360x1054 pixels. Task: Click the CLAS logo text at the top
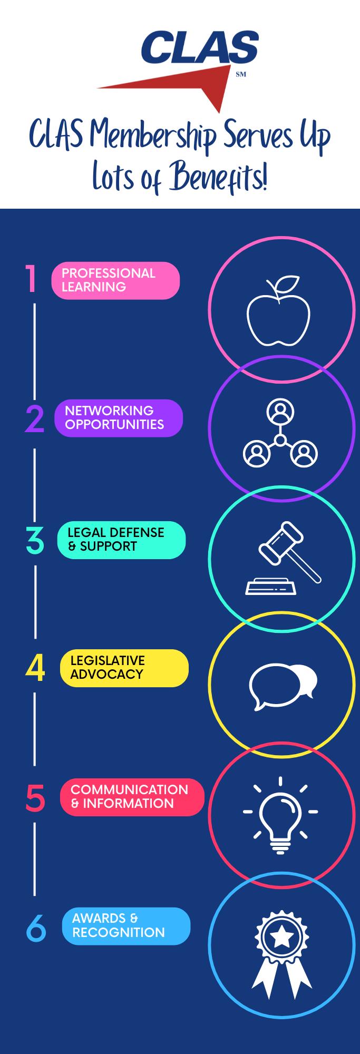pos(200,47)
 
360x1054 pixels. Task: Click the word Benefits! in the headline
pos(218,178)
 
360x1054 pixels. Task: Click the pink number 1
pos(32,279)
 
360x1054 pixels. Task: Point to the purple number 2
pos(35,419)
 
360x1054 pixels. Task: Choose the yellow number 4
pos(35,668)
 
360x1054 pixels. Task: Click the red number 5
pos(35,798)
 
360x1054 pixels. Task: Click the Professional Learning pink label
pos(115,280)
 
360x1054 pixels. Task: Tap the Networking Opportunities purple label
pos(119,418)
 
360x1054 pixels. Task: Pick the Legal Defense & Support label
pos(121,540)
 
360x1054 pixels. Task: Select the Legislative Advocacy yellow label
pos(124,668)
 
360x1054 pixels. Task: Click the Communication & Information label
pos(132,797)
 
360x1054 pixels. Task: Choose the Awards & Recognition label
pos(125,926)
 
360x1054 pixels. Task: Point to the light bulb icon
pos(280,814)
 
